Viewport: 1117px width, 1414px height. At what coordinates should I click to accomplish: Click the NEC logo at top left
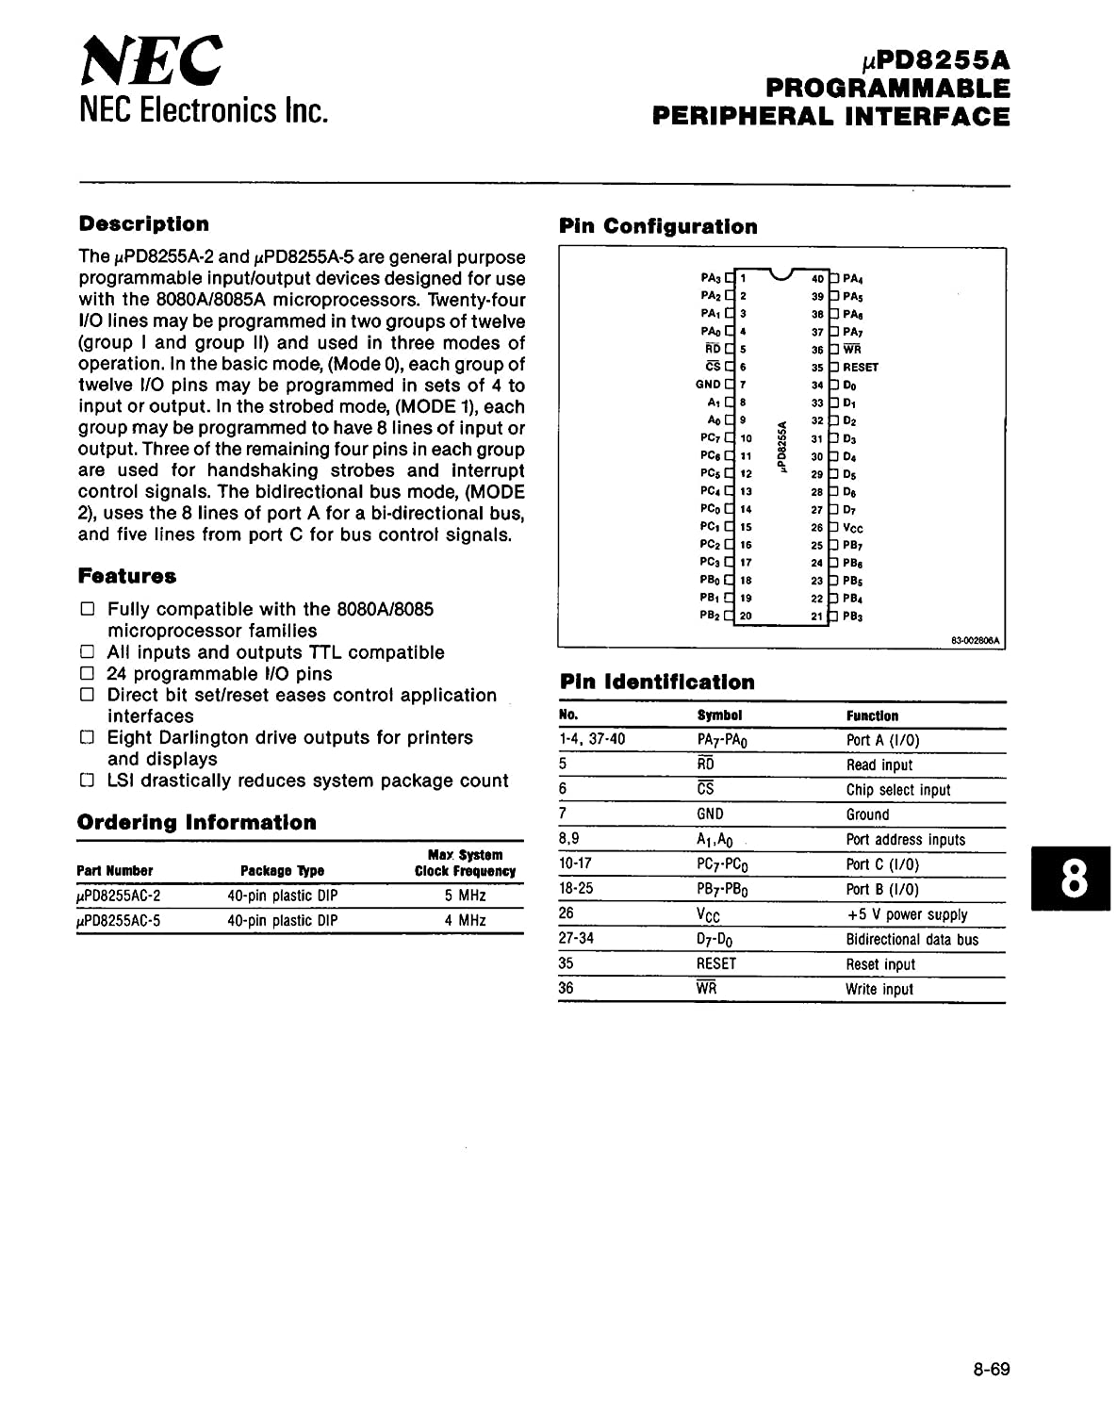[152, 60]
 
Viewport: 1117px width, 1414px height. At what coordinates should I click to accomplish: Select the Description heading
[144, 223]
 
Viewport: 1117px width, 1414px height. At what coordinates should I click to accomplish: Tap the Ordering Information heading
[197, 822]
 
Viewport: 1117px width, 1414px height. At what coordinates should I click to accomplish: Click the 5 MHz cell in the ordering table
[466, 896]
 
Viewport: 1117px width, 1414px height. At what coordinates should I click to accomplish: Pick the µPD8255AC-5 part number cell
[119, 920]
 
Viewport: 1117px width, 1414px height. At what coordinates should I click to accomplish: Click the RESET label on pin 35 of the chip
[860, 368]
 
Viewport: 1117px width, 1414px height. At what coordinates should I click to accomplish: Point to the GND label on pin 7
[708, 385]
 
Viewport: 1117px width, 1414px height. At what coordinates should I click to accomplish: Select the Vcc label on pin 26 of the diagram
[853, 528]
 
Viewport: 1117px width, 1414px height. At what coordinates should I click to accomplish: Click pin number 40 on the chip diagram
[817, 279]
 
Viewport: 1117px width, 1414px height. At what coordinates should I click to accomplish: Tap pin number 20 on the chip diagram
[746, 617]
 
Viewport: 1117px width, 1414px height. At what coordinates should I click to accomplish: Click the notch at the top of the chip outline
[780, 274]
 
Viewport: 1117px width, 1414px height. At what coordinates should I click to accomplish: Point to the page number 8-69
[991, 1369]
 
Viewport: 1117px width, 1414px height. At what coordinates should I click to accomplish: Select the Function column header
[872, 716]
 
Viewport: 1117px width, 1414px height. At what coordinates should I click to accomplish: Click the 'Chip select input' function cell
[897, 790]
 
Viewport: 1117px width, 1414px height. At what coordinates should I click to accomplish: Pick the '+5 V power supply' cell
[907, 914]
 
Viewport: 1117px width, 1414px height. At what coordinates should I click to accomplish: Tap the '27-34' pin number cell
[576, 938]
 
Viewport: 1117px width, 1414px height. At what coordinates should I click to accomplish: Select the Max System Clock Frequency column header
[466, 863]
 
